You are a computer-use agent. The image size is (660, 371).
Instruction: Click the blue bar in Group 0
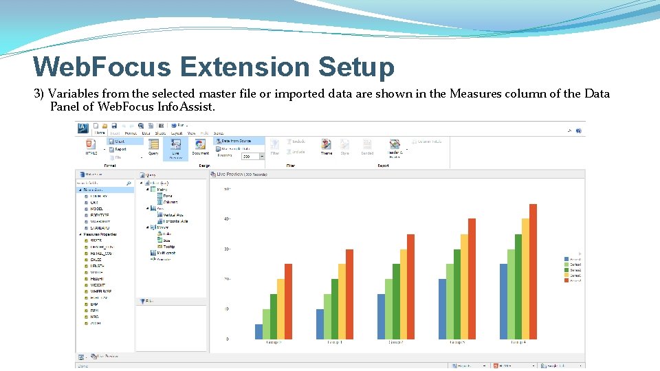[258, 331]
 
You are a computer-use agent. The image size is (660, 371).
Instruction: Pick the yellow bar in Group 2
[404, 294]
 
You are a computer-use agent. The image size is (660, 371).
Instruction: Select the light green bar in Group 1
[327, 316]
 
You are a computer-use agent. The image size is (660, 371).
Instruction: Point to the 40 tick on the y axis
[227, 218]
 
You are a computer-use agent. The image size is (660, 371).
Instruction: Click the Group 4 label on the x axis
[518, 341]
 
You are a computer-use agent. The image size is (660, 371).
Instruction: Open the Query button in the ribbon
[153, 147]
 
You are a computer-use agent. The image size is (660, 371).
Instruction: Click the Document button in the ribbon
[201, 147]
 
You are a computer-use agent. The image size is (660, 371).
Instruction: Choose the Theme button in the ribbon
[326, 147]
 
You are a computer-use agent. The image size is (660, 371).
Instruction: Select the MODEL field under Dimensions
[96, 208]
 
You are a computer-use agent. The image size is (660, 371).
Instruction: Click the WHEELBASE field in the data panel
[100, 291]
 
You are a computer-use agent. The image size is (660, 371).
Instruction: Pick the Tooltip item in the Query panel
[168, 246]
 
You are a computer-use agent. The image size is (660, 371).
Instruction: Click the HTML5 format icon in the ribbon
[91, 146]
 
